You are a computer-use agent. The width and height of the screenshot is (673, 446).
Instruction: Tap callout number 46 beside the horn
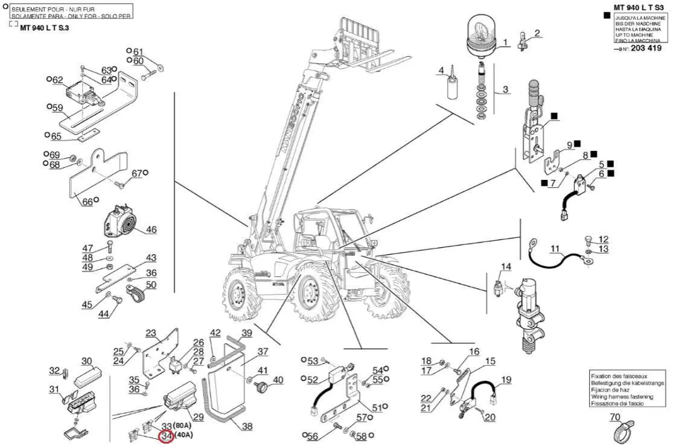(x=151, y=229)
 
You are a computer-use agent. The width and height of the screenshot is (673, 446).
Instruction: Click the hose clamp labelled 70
(x=615, y=431)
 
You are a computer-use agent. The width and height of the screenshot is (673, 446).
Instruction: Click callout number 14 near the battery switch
(x=506, y=266)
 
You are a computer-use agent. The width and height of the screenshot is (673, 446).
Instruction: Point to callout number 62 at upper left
(x=58, y=80)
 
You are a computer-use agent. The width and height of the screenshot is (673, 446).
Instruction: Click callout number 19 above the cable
(x=506, y=380)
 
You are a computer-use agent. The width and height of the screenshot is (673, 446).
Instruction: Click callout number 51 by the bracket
(x=377, y=408)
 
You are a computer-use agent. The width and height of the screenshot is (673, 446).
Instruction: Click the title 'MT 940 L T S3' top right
(x=639, y=7)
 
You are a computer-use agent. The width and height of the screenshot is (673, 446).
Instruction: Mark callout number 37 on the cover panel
(x=263, y=351)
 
